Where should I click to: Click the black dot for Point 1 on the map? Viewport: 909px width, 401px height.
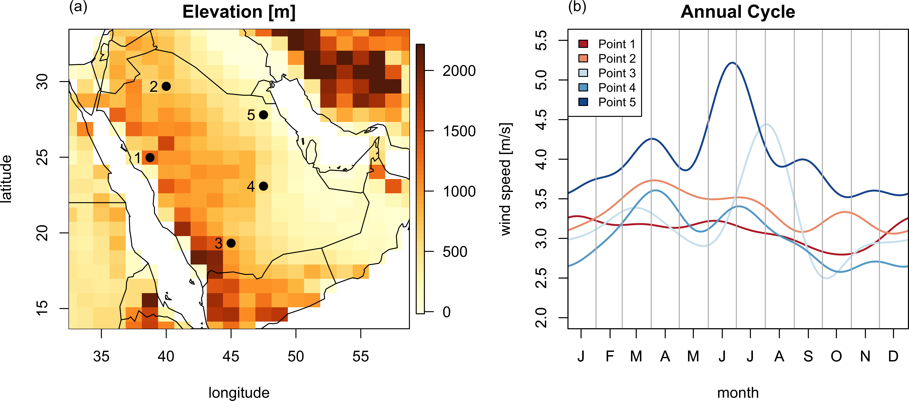coord(150,157)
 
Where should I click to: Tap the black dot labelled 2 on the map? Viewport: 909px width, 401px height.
coord(166,86)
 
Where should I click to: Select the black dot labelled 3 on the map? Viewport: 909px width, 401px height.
coord(231,243)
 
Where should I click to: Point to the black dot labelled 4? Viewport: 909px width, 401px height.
coord(263,186)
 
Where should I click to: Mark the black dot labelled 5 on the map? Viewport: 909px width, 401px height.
coord(263,115)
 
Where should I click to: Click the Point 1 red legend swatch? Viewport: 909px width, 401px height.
coord(583,44)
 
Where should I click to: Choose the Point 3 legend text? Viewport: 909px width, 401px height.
coord(617,73)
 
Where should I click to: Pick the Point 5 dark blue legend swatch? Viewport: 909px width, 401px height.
coord(583,102)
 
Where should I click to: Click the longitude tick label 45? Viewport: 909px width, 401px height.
coord(231,357)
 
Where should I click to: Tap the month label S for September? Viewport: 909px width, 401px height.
coord(808,357)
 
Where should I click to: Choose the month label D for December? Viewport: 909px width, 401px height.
coord(893,357)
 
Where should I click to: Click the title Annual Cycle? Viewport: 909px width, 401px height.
coord(738,12)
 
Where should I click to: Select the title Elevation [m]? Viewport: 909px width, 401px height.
coord(239,12)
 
